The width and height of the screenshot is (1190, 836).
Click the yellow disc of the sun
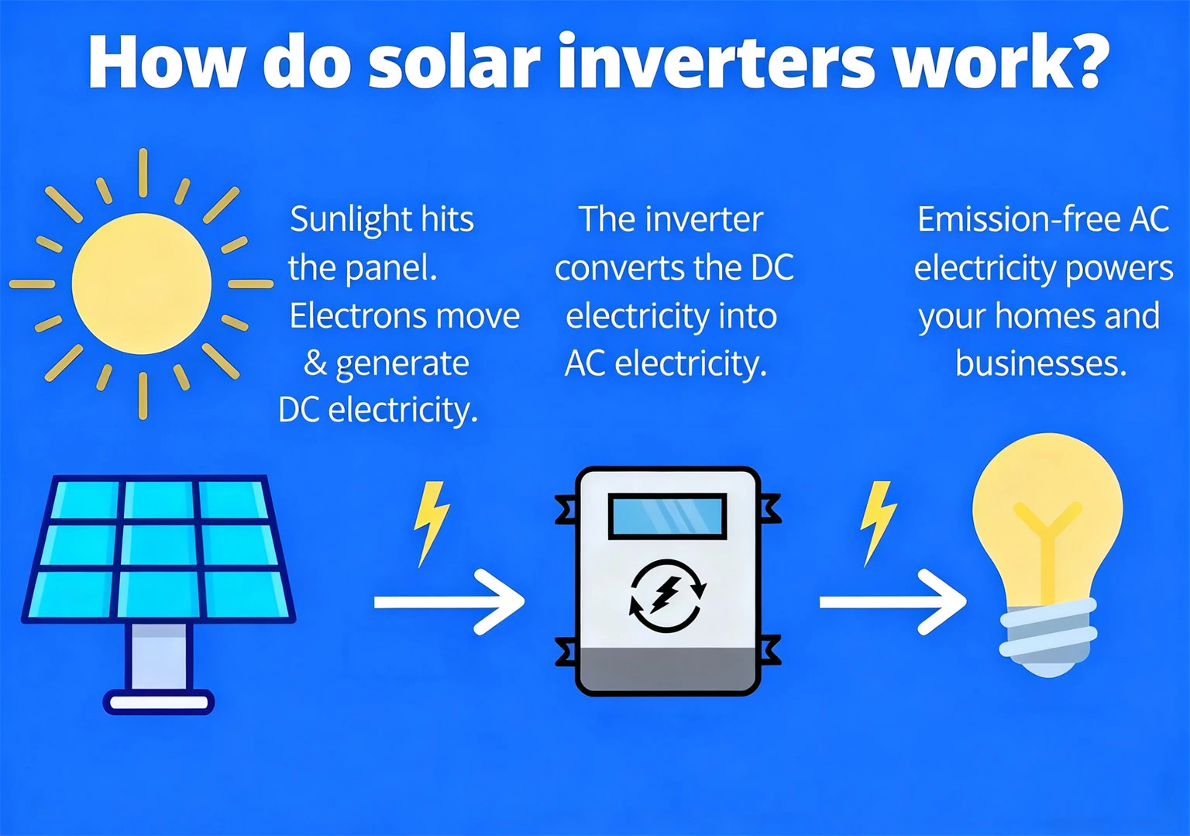(142, 284)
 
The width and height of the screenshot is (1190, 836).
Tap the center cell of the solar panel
(159, 545)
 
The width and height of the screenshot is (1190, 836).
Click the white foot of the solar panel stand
(159, 703)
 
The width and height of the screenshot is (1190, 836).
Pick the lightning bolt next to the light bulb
(877, 521)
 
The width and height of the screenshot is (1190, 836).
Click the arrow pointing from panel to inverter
(449, 602)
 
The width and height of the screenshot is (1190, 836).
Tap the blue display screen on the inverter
(667, 515)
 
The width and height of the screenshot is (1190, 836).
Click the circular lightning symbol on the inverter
(666, 595)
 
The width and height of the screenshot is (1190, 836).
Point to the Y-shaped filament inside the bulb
(1047, 542)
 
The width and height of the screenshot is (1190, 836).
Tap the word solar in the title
(453, 62)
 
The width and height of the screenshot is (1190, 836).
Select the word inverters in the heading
(717, 62)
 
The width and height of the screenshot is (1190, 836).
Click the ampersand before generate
(315, 363)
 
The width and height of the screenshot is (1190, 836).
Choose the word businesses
(1040, 363)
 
